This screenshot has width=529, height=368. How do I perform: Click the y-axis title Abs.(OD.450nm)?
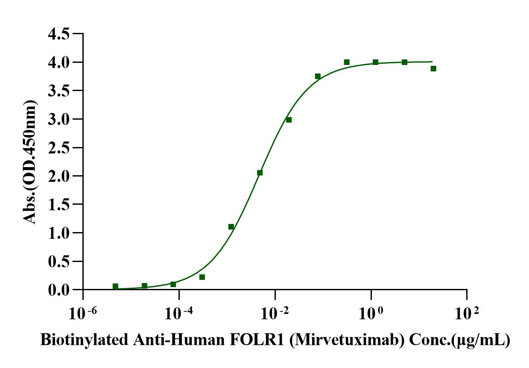click(30, 162)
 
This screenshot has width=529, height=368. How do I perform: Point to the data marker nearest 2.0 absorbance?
click(260, 173)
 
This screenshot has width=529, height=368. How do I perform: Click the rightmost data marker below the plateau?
click(433, 68)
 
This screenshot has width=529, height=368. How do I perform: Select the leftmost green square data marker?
click(115, 286)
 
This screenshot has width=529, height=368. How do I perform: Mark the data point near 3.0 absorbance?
click(289, 120)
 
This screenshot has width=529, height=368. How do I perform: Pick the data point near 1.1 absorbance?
click(231, 227)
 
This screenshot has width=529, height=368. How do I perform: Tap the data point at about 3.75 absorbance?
click(318, 76)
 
